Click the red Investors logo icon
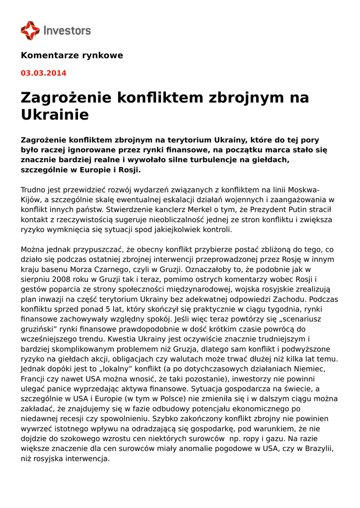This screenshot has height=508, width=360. pyautogui.click(x=30, y=30)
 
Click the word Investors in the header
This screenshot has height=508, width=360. pyautogui.click(x=67, y=30)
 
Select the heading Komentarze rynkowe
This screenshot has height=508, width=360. pyautogui.click(x=72, y=55)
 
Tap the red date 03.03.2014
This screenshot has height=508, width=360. pyautogui.click(x=43, y=73)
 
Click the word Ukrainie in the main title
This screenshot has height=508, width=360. pyautogui.click(x=55, y=115)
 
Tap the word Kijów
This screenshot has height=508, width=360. pyautogui.click(x=31, y=200)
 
